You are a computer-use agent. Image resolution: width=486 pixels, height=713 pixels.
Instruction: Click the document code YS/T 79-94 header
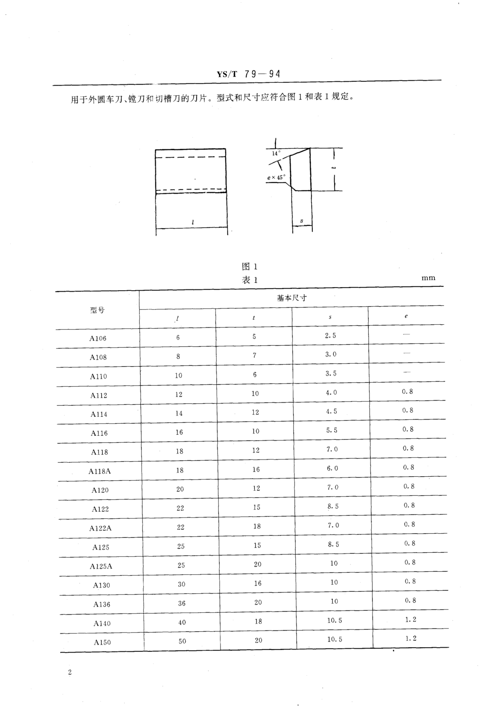click(x=248, y=74)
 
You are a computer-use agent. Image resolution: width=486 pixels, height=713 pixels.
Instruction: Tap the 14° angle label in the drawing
click(x=276, y=153)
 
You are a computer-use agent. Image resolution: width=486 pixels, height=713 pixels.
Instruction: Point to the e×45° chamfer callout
click(x=276, y=177)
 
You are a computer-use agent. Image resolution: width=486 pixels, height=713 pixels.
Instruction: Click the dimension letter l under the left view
click(x=193, y=222)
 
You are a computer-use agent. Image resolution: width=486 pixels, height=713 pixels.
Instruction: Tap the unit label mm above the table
click(x=428, y=278)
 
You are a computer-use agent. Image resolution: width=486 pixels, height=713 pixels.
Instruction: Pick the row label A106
click(x=98, y=338)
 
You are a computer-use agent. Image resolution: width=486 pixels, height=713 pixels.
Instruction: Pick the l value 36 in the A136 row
click(x=182, y=603)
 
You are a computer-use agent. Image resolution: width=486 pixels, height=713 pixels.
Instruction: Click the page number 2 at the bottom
click(x=70, y=672)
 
